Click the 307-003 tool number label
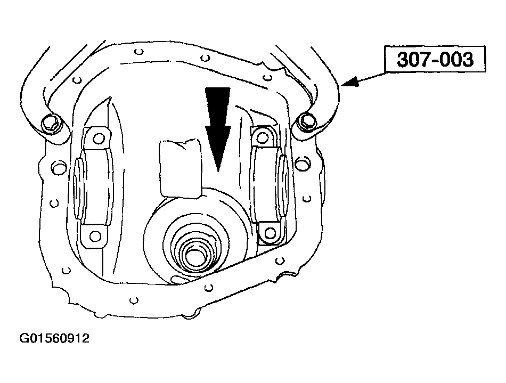435,59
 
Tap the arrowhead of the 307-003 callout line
350,82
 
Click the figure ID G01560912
54,338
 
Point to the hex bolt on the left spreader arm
51,123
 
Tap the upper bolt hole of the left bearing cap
98,138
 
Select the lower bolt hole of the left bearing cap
95,237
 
